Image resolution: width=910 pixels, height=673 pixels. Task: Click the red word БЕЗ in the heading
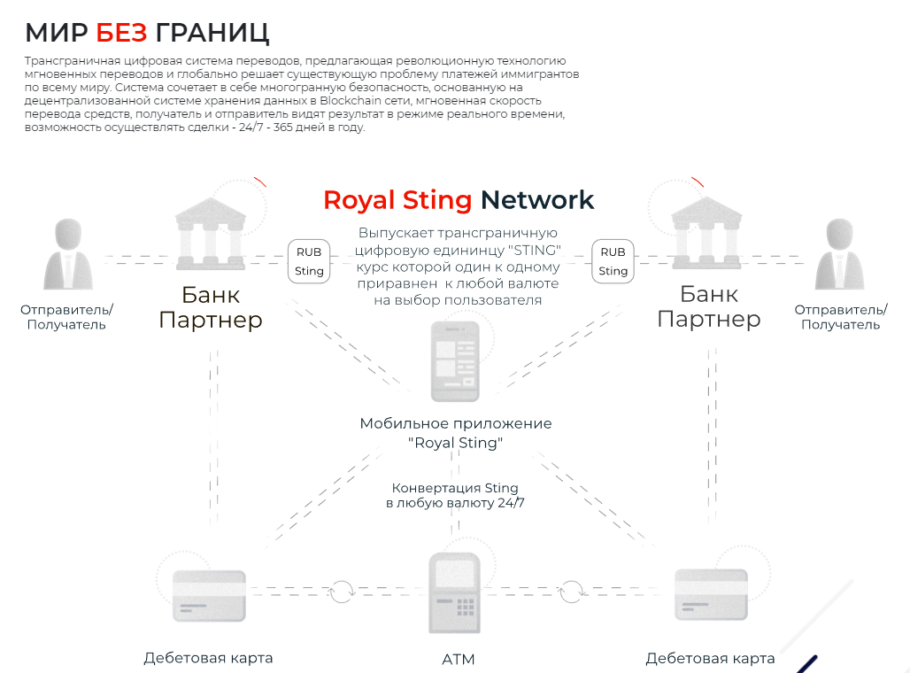tap(121, 33)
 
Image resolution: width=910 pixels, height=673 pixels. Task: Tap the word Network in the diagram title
tap(537, 200)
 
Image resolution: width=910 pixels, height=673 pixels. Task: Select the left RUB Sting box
tap(309, 261)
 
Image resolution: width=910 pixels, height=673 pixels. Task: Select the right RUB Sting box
tap(613, 261)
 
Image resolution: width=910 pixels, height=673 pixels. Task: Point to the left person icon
tap(68, 254)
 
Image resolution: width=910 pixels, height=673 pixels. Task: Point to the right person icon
tap(840, 254)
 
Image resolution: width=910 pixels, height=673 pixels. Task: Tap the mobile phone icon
tap(455, 361)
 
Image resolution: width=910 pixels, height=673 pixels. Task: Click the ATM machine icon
tap(454, 593)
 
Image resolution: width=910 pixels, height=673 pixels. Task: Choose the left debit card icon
tap(209, 596)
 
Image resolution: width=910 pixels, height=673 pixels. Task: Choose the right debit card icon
tap(711, 594)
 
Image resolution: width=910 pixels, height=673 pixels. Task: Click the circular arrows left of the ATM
tap(342, 592)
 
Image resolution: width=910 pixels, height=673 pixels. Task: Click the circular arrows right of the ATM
tap(571, 592)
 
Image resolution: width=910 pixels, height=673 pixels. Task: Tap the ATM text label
tap(459, 660)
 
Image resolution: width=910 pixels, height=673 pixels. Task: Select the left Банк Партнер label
tap(211, 308)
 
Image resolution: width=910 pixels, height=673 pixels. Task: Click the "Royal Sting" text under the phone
tap(456, 443)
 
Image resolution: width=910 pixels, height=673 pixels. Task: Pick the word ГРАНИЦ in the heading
tap(212, 34)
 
